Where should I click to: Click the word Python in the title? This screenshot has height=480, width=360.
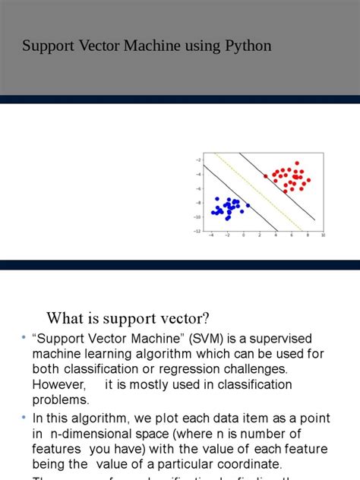coord(245,46)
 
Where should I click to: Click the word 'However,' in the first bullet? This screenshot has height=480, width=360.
coord(58,384)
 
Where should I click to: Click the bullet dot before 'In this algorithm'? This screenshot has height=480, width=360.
coord(24,418)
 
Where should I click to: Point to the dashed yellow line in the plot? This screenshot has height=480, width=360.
coord(258,194)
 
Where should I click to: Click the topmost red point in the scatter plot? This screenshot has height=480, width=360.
coord(297,163)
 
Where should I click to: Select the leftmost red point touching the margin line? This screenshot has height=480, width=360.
coord(266,176)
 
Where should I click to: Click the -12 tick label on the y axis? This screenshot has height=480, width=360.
coord(197,231)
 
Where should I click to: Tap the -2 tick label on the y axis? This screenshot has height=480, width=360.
coord(197,159)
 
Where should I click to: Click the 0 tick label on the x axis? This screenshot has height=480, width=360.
coord(243,236)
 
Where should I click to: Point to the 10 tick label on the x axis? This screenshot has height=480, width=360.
coord(323,236)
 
